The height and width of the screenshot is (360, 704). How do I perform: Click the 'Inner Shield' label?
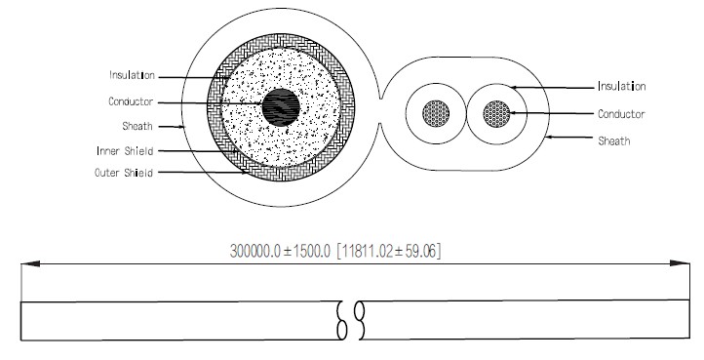pos(125,151)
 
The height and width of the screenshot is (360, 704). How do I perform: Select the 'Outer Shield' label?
pos(124,173)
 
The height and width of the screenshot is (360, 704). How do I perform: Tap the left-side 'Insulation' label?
pos(132,75)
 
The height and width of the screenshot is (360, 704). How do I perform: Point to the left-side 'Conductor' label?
pos(131,101)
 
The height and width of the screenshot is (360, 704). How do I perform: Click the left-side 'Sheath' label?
pos(137,126)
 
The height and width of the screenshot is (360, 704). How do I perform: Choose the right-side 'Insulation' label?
pos(622,86)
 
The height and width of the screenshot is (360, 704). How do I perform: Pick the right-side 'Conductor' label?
pos(621,114)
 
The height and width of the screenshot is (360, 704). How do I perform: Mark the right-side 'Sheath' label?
pos(613,141)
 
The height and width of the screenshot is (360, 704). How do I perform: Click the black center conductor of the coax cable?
pos(281,107)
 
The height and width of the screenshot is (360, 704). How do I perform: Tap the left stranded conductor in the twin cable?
pos(436,113)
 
